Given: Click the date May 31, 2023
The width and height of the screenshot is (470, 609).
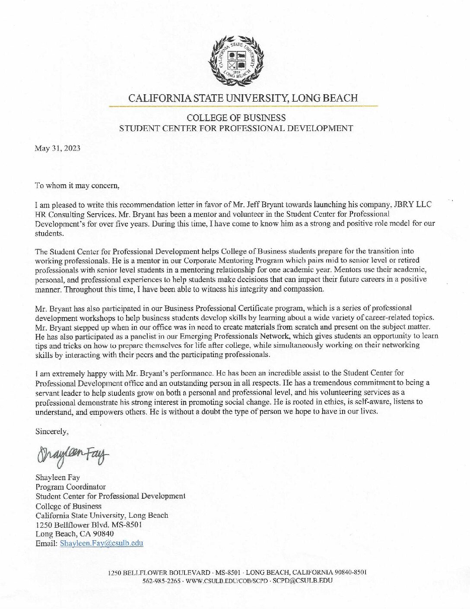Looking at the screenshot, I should (57, 148).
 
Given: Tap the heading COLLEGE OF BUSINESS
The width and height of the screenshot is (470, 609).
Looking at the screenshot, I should (236, 118).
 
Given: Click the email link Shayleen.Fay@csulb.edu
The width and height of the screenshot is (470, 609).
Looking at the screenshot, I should (102, 543).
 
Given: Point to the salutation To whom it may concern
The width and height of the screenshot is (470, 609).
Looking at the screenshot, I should (77, 186).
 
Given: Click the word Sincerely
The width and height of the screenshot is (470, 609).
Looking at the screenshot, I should (52, 431).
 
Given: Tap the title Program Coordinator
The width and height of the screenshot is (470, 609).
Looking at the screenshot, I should (70, 487).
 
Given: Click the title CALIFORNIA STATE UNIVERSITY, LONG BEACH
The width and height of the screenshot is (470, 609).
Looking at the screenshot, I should (243, 98).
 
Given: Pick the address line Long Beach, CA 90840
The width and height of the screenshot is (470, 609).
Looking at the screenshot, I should (74, 534).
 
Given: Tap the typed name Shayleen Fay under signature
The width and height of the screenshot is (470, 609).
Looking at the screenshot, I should (57, 478).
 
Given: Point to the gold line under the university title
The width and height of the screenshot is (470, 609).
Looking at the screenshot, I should (243, 106).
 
